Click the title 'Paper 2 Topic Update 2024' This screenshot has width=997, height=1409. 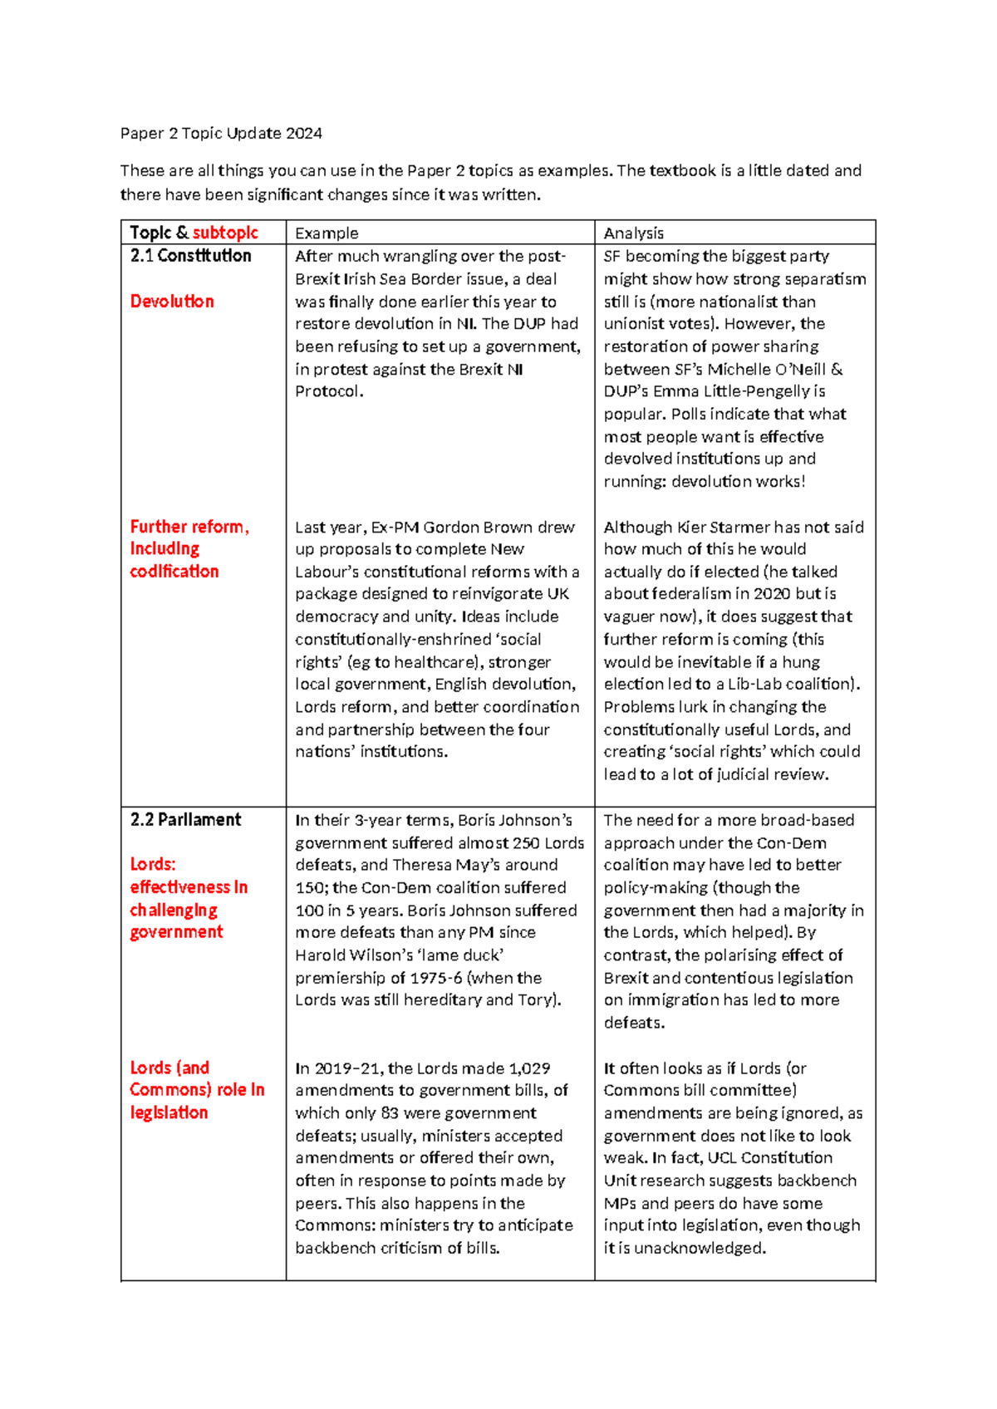coord(221,133)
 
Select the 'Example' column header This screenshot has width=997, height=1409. coord(327,233)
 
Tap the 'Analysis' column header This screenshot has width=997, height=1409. coord(633,233)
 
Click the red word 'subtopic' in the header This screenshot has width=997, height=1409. coord(225,233)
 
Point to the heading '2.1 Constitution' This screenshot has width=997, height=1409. coord(190,256)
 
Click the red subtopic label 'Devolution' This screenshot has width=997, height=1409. coord(172,302)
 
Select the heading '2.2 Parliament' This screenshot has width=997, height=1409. coord(185,820)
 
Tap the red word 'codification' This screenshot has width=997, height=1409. coord(174,572)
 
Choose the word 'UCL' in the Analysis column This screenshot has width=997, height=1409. coord(721,1158)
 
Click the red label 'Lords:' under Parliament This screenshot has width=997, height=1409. coord(153,865)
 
